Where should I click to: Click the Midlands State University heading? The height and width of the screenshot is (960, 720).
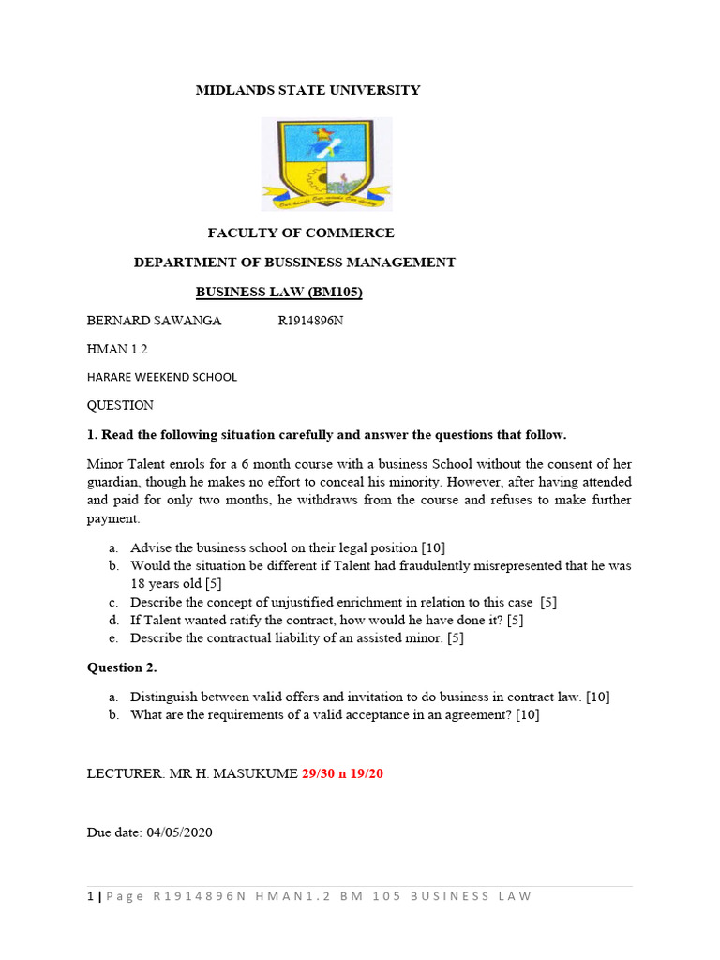pos(307,90)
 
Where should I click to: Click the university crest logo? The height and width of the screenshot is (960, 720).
pos(326,164)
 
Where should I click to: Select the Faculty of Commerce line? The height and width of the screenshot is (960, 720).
pos(301,232)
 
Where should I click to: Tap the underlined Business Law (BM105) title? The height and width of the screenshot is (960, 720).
pos(278,292)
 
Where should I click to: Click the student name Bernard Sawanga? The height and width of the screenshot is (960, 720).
pos(154,321)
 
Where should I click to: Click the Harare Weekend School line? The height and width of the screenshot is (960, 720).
pos(162,377)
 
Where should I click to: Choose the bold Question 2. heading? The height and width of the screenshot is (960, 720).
pos(122,667)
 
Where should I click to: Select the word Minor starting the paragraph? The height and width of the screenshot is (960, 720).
pos(105,464)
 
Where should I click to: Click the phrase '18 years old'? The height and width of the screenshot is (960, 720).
pos(165,583)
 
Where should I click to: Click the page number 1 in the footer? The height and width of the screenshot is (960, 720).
pos(90,896)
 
